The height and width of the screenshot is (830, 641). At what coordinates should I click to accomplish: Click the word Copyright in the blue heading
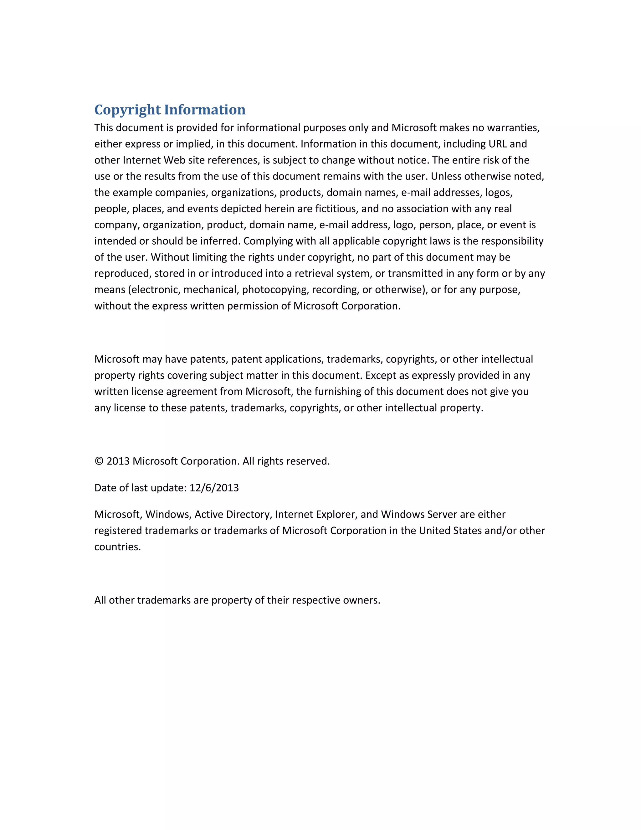(128, 110)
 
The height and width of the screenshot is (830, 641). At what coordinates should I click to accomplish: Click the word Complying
(269, 241)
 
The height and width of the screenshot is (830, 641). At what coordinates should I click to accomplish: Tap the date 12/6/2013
(214, 488)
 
